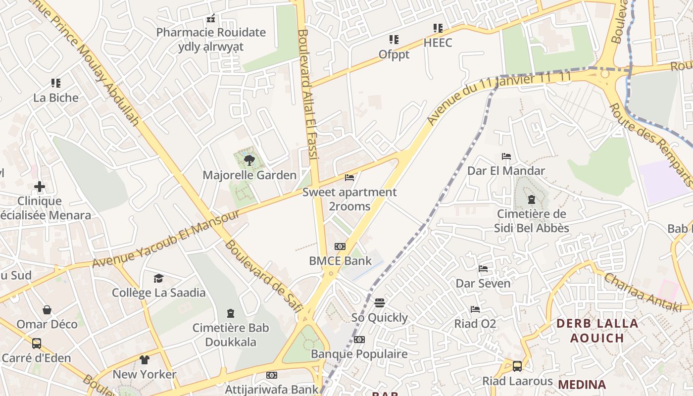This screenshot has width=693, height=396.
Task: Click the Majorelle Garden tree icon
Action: click(249, 159)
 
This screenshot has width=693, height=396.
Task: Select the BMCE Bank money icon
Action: click(340, 246)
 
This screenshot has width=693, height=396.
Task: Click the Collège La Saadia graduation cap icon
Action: click(158, 278)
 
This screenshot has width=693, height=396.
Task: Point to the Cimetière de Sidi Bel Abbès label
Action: click(532, 221)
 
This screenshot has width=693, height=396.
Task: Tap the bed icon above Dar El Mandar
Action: click(506, 156)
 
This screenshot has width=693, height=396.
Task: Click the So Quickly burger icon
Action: click(380, 302)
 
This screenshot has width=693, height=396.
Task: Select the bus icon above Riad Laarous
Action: click(517, 366)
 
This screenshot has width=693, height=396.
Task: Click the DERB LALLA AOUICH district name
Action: click(597, 331)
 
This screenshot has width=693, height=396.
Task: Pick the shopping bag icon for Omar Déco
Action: click(47, 310)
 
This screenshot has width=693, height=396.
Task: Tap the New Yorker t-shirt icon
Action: click(144, 360)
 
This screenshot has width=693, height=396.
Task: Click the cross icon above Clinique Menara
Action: click(40, 187)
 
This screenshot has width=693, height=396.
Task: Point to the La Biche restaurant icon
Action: click(56, 83)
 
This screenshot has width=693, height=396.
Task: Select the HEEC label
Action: click(438, 43)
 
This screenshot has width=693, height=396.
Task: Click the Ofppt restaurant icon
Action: click(394, 40)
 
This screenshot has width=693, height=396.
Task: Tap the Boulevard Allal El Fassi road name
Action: click(307, 94)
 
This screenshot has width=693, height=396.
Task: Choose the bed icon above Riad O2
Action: click(475, 309)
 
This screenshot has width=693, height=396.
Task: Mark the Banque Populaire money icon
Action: click(359, 340)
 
